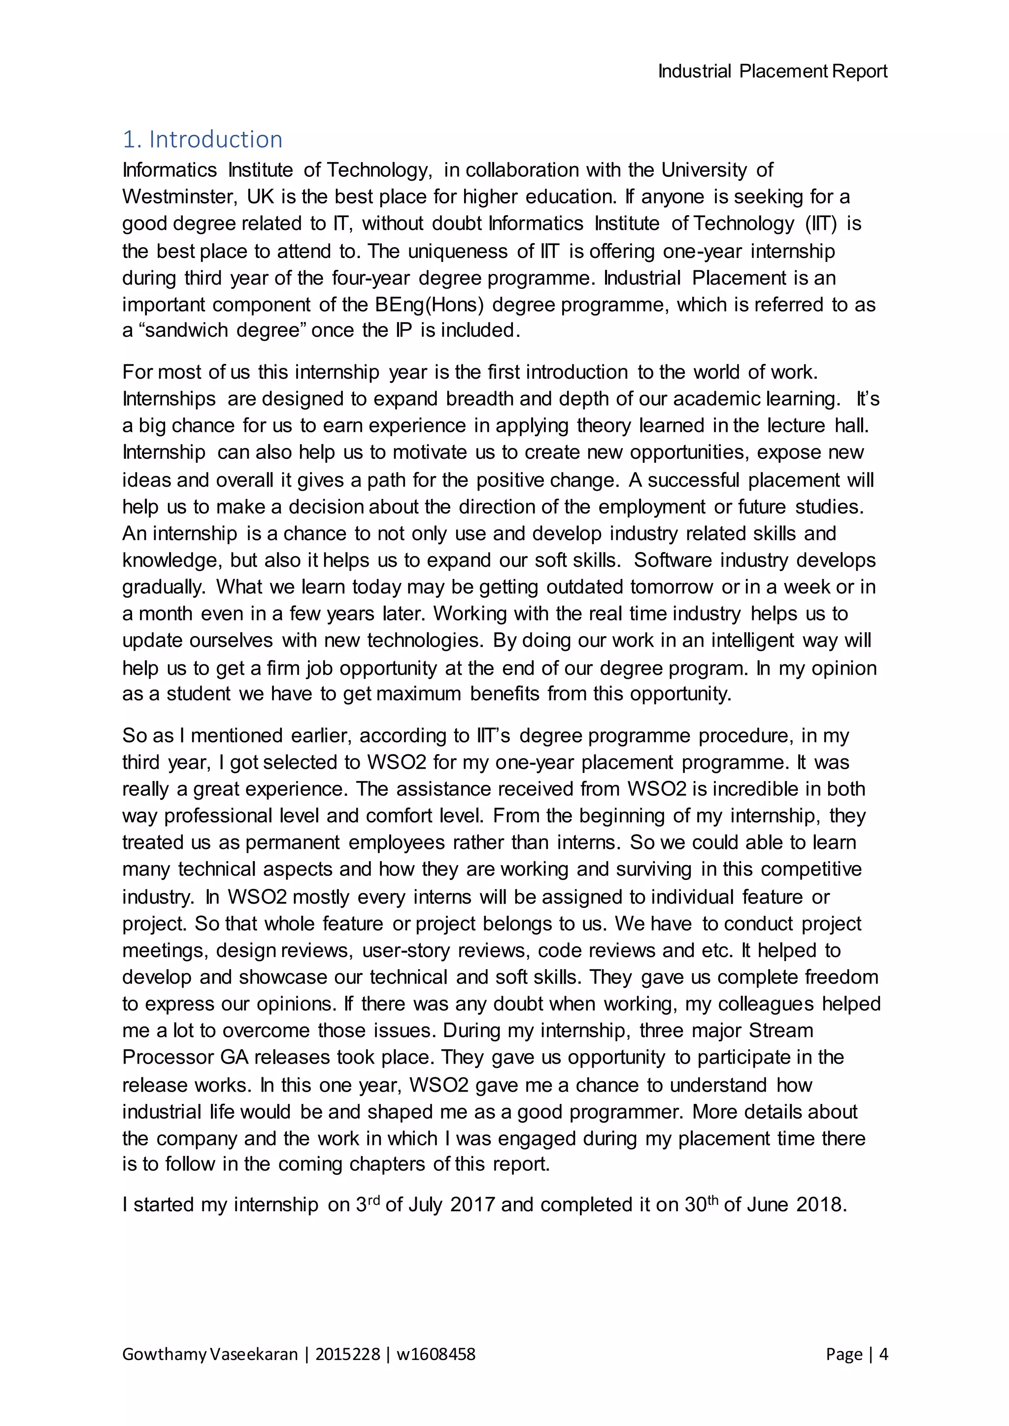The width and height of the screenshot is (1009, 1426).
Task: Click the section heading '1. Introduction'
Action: pyautogui.click(x=202, y=139)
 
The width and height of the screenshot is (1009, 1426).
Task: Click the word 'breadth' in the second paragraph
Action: pyautogui.click(x=480, y=398)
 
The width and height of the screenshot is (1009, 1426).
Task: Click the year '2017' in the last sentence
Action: pyautogui.click(x=472, y=1205)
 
